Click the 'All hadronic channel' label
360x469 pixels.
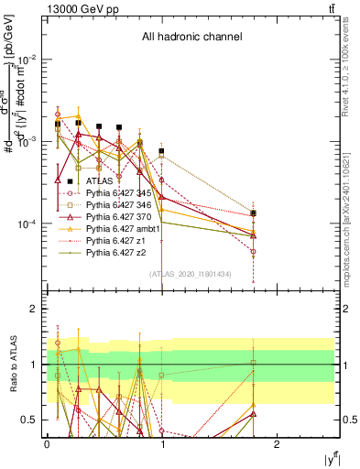click(191, 38)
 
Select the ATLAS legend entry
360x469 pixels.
click(112, 181)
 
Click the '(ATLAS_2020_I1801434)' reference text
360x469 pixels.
click(191, 274)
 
